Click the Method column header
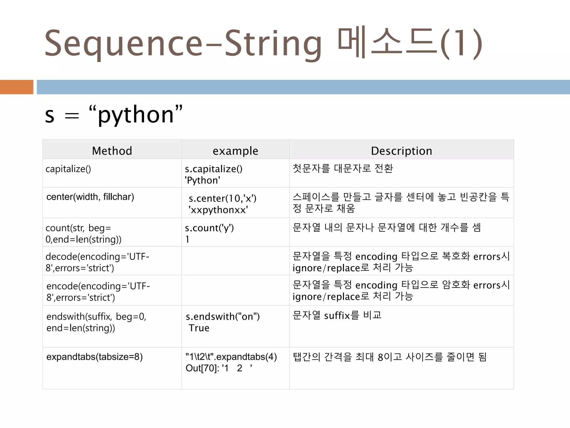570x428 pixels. click(x=112, y=151)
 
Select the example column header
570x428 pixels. click(x=235, y=151)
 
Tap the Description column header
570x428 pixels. click(x=401, y=151)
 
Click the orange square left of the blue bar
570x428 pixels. click(x=16, y=87)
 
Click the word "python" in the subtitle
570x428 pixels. click(x=136, y=115)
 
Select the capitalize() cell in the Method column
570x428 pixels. click(x=68, y=169)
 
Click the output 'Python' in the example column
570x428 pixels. click(x=202, y=181)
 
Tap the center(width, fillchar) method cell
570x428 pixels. click(x=90, y=197)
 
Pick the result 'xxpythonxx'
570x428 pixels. click(x=218, y=210)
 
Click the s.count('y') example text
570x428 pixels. click(x=209, y=228)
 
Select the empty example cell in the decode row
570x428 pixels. click(x=235, y=261)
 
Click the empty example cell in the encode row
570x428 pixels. click(x=235, y=290)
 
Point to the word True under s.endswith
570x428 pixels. click(x=199, y=328)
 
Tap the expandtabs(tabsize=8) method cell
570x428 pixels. click(x=94, y=357)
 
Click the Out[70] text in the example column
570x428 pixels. click(x=202, y=368)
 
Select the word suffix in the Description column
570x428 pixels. click(x=337, y=316)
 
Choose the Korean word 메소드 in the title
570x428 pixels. click(x=387, y=44)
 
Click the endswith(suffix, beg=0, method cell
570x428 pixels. click(x=96, y=317)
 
